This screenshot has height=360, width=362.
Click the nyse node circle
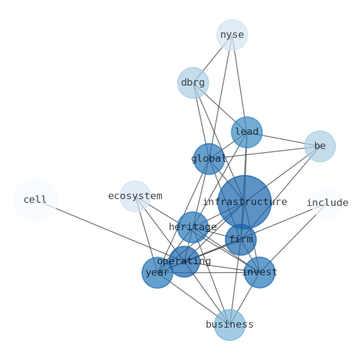click(x=232, y=35)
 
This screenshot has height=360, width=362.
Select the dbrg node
click(x=193, y=83)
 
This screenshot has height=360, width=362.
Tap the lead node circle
click(x=247, y=132)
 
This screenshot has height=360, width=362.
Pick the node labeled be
click(x=320, y=146)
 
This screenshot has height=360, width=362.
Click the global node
click(x=209, y=159)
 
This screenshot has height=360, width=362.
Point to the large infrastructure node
click(x=244, y=202)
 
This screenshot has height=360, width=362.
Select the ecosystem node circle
click(x=135, y=196)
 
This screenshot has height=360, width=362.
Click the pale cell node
click(x=35, y=200)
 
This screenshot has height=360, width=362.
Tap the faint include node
click(x=327, y=203)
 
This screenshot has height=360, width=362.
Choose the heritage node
click(x=193, y=227)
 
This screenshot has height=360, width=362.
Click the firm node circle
click(x=241, y=240)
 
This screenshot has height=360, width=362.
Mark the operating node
click(x=184, y=262)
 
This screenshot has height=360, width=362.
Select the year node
click(x=157, y=273)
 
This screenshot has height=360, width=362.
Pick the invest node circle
click(x=259, y=273)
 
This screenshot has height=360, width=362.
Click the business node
click(x=230, y=325)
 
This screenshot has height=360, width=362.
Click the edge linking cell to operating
click(x=110, y=231)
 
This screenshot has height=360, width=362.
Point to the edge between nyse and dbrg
click(x=212, y=59)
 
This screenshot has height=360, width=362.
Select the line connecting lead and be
click(x=283, y=139)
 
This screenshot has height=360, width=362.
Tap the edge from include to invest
click(x=293, y=238)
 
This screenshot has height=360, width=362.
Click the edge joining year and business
click(x=193, y=299)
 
